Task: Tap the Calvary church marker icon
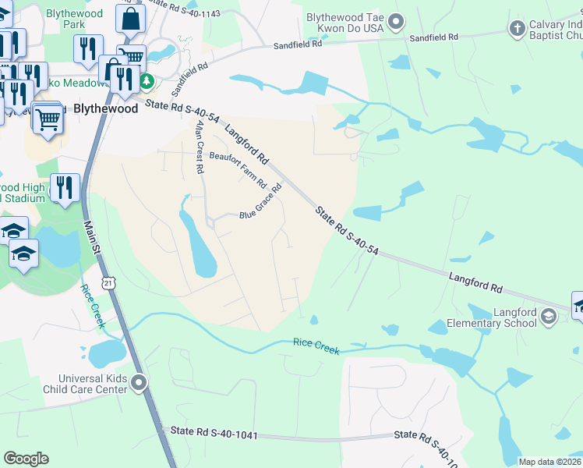pyautogui.click(x=516, y=30)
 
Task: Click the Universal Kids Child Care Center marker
pyautogui.click(x=140, y=382)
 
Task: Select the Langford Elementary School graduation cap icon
pyautogui.click(x=548, y=316)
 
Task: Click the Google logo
pyautogui.click(x=26, y=459)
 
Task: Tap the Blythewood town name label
pyautogui.click(x=106, y=108)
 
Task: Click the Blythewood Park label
pyautogui.click(x=74, y=21)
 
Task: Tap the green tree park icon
pyautogui.click(x=147, y=81)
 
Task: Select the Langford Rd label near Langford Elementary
pyautogui.click(x=475, y=282)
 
